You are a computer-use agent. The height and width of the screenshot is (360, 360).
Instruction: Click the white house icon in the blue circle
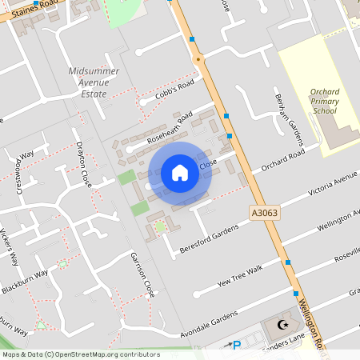(x=180, y=173)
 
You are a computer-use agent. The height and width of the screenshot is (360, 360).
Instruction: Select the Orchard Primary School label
(x=330, y=102)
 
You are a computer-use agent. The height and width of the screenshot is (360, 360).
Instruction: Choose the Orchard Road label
(x=283, y=160)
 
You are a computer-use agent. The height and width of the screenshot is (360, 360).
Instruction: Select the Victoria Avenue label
(x=334, y=185)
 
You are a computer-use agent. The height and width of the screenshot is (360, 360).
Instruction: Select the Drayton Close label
(x=84, y=164)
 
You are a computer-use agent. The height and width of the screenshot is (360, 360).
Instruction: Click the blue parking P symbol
(x=236, y=346)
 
